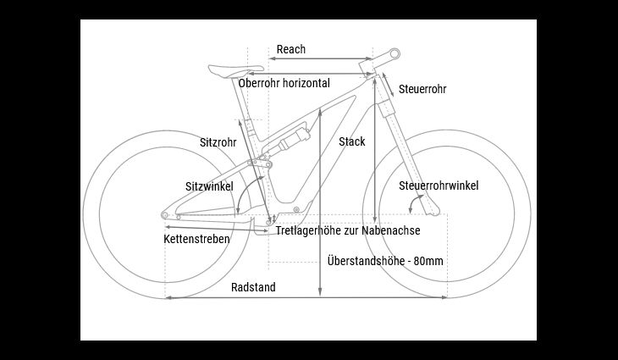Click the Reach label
tap(291, 49)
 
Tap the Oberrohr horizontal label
tap(284, 83)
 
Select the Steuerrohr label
tap(422, 89)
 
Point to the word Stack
tap(352, 141)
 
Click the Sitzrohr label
tap(218, 142)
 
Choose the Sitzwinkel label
tap(209, 186)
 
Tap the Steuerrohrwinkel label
tap(439, 186)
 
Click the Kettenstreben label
tap(196, 239)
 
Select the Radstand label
tap(253, 287)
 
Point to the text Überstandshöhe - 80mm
tap(385, 261)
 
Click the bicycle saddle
tap(235, 69)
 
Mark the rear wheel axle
tap(165, 215)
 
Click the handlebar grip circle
tap(395, 53)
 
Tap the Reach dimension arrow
tap(321, 58)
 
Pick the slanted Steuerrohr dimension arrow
tap(389, 85)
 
